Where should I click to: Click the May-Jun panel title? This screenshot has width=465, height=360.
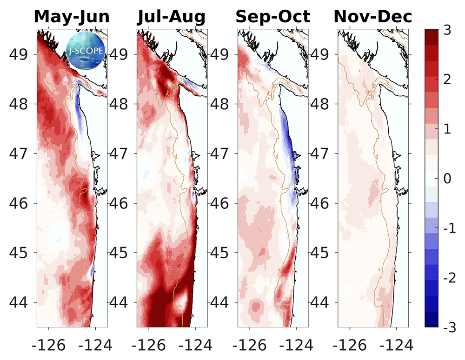(72, 17)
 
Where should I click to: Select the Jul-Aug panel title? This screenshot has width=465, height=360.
(171, 17)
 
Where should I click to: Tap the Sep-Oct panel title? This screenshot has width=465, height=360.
(272, 17)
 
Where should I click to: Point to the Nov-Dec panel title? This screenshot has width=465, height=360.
(373, 17)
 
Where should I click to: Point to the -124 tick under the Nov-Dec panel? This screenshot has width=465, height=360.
(396, 345)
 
